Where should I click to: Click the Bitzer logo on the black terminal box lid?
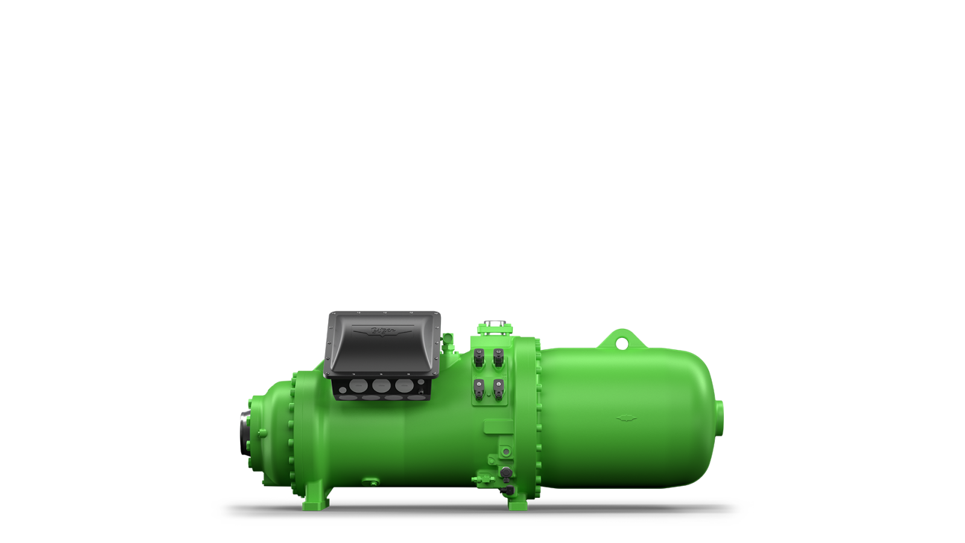383,331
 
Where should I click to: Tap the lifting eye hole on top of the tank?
621,344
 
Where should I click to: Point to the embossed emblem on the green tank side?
627,418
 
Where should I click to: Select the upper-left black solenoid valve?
479,357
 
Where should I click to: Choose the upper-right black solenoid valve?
498,357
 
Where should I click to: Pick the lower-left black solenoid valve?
479,389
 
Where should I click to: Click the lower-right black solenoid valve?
498,389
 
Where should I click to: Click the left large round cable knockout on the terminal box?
358,386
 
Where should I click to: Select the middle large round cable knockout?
381,386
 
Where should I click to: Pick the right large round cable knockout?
403,386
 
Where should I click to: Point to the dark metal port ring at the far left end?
244,433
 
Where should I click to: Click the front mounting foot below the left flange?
315,499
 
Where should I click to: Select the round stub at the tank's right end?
719,418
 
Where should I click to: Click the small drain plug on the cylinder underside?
370,481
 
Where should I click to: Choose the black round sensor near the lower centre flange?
505,472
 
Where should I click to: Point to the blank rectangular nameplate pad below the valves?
498,426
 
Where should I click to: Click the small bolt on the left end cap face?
263,433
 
